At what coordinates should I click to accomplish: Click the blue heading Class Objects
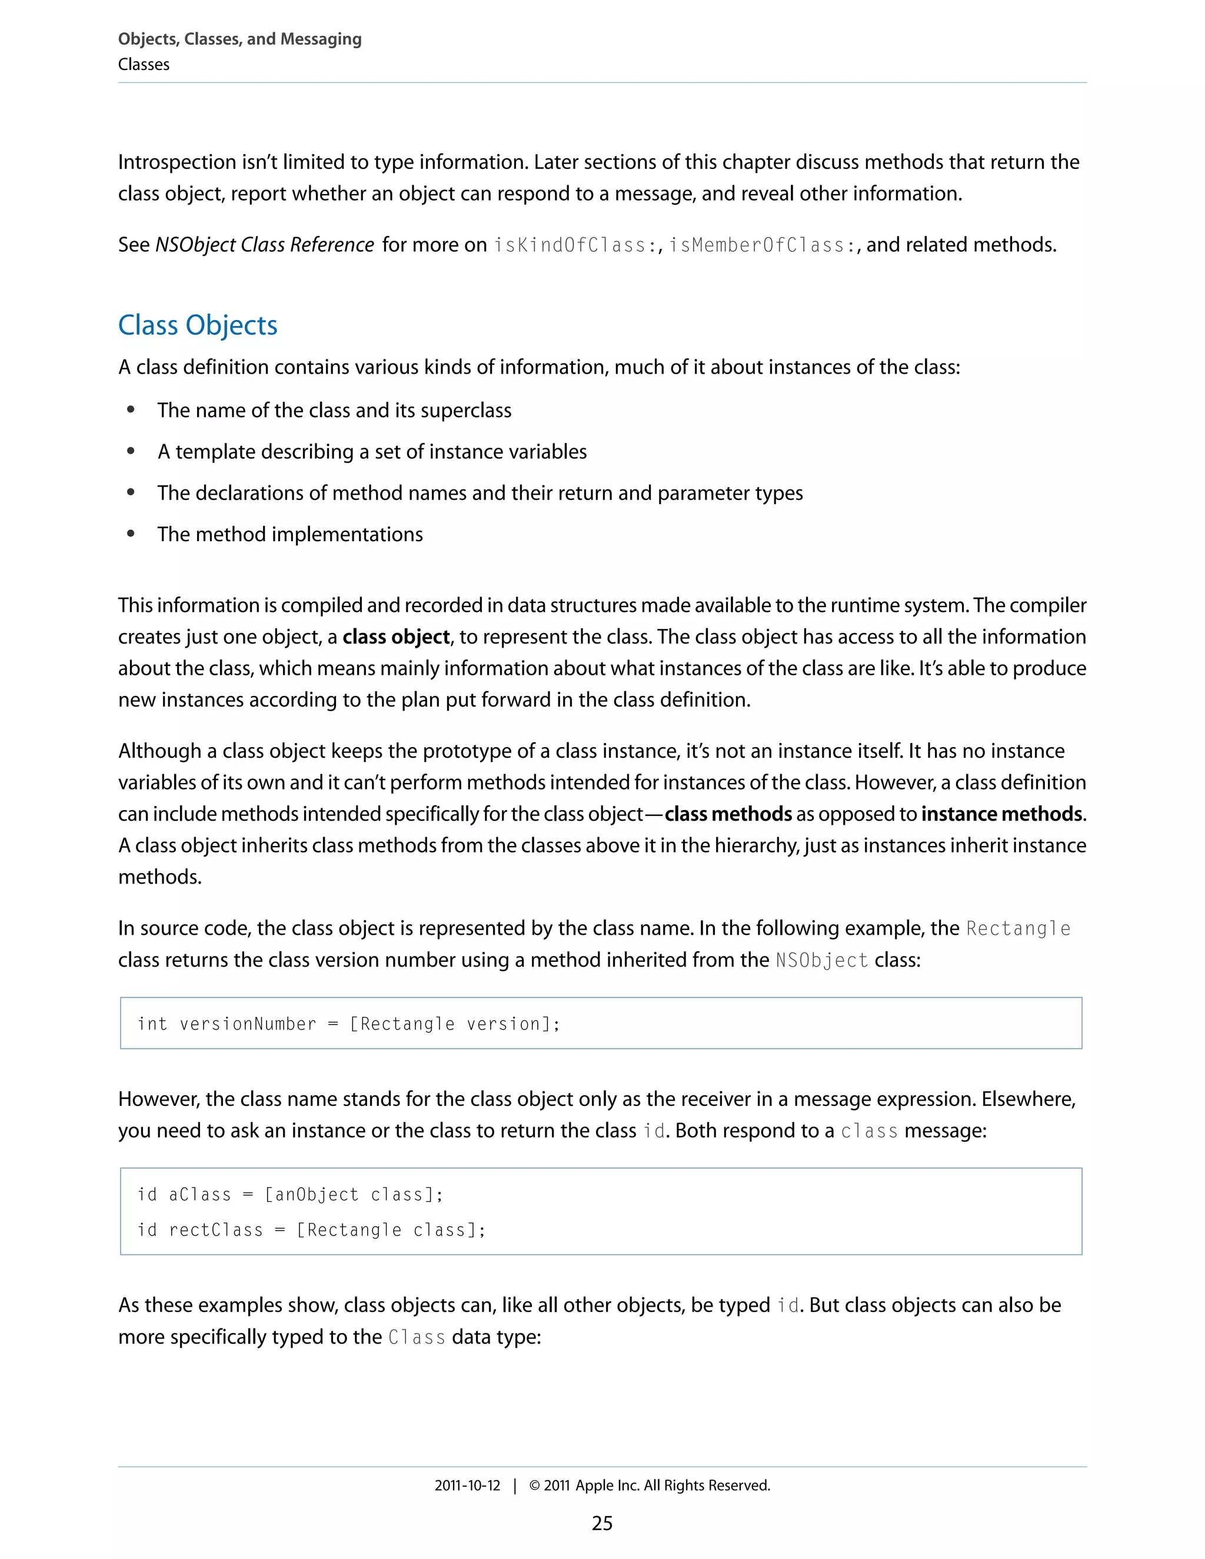pyautogui.click(x=198, y=325)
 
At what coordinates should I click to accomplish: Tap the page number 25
pyautogui.click(x=602, y=1523)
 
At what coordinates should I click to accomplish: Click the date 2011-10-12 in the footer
pyautogui.click(x=468, y=1485)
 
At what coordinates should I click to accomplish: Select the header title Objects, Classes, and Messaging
pyautogui.click(x=240, y=39)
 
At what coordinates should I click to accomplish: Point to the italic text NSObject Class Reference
pyautogui.click(x=265, y=245)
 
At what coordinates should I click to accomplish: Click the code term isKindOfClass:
pyautogui.click(x=575, y=245)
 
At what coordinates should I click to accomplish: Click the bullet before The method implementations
pyautogui.click(x=131, y=534)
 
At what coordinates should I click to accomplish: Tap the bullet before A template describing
pyautogui.click(x=131, y=451)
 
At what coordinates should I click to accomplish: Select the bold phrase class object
pyautogui.click(x=395, y=637)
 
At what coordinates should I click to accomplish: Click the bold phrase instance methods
pyautogui.click(x=1001, y=814)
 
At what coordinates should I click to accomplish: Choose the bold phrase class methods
pyautogui.click(x=728, y=814)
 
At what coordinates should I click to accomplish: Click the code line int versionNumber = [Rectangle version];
pyautogui.click(x=348, y=1024)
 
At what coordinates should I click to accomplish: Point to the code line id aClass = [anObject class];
pyautogui.click(x=290, y=1194)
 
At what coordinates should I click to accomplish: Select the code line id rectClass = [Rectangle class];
pyautogui.click(x=311, y=1229)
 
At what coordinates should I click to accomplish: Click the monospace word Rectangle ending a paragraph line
pyautogui.click(x=1018, y=929)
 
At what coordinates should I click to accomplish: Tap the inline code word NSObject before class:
pyautogui.click(x=821, y=960)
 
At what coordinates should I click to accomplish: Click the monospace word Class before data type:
pyautogui.click(x=417, y=1337)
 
